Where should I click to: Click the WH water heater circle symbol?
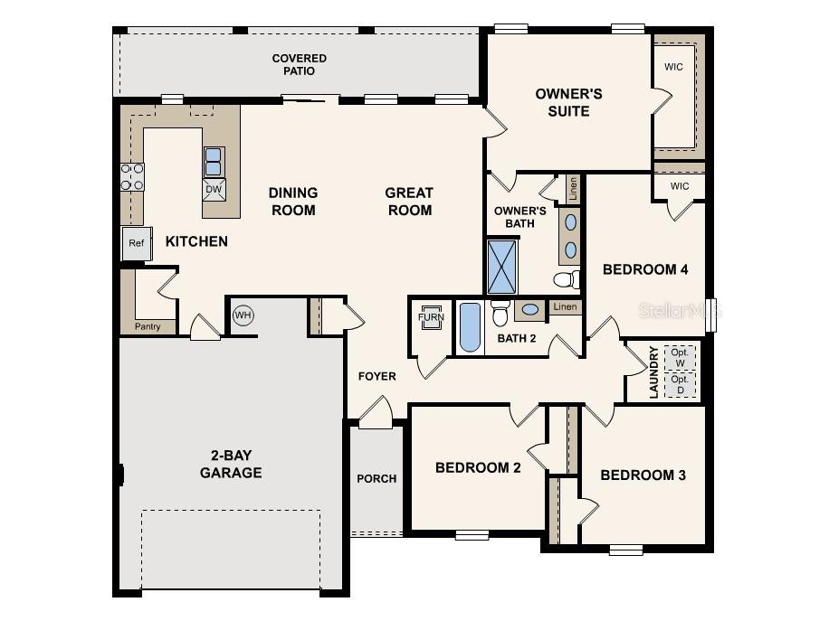click(x=243, y=315)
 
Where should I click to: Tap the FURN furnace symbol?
click(x=431, y=317)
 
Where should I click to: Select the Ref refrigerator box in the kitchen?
click(x=136, y=243)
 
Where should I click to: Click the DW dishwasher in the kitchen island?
click(x=214, y=189)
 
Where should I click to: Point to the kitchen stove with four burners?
click(x=132, y=177)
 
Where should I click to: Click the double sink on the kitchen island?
click(x=214, y=161)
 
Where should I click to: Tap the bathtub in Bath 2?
click(x=469, y=327)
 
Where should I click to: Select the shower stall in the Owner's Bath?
click(x=502, y=266)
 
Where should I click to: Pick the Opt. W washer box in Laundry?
click(x=680, y=358)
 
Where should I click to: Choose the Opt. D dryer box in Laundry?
click(x=680, y=385)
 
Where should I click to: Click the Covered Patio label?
click(x=300, y=66)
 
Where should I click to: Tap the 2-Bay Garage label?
click(x=231, y=465)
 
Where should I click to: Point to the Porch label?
click(x=376, y=478)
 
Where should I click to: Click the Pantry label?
click(x=148, y=326)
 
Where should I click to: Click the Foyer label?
click(x=376, y=376)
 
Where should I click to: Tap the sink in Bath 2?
click(x=531, y=310)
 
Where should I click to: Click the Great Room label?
click(x=409, y=202)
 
